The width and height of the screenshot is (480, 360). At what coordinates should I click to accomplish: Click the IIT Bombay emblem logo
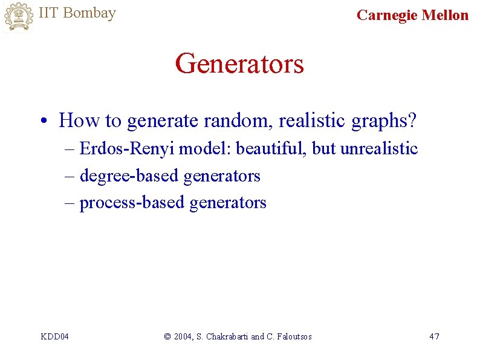pyautogui.click(x=18, y=16)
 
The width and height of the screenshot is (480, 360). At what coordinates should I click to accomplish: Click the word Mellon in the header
pyautogui.click(x=446, y=15)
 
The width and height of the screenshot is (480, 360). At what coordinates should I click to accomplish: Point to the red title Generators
pyautogui.click(x=239, y=64)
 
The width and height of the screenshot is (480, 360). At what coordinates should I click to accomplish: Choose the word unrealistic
pyautogui.click(x=379, y=149)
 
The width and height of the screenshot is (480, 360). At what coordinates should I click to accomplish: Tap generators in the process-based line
pyautogui.click(x=228, y=203)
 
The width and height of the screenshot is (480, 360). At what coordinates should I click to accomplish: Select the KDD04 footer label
pyautogui.click(x=54, y=336)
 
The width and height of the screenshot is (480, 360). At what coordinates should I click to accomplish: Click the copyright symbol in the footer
pyautogui.click(x=167, y=336)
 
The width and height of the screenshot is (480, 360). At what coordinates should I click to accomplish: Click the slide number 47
pyautogui.click(x=434, y=336)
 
